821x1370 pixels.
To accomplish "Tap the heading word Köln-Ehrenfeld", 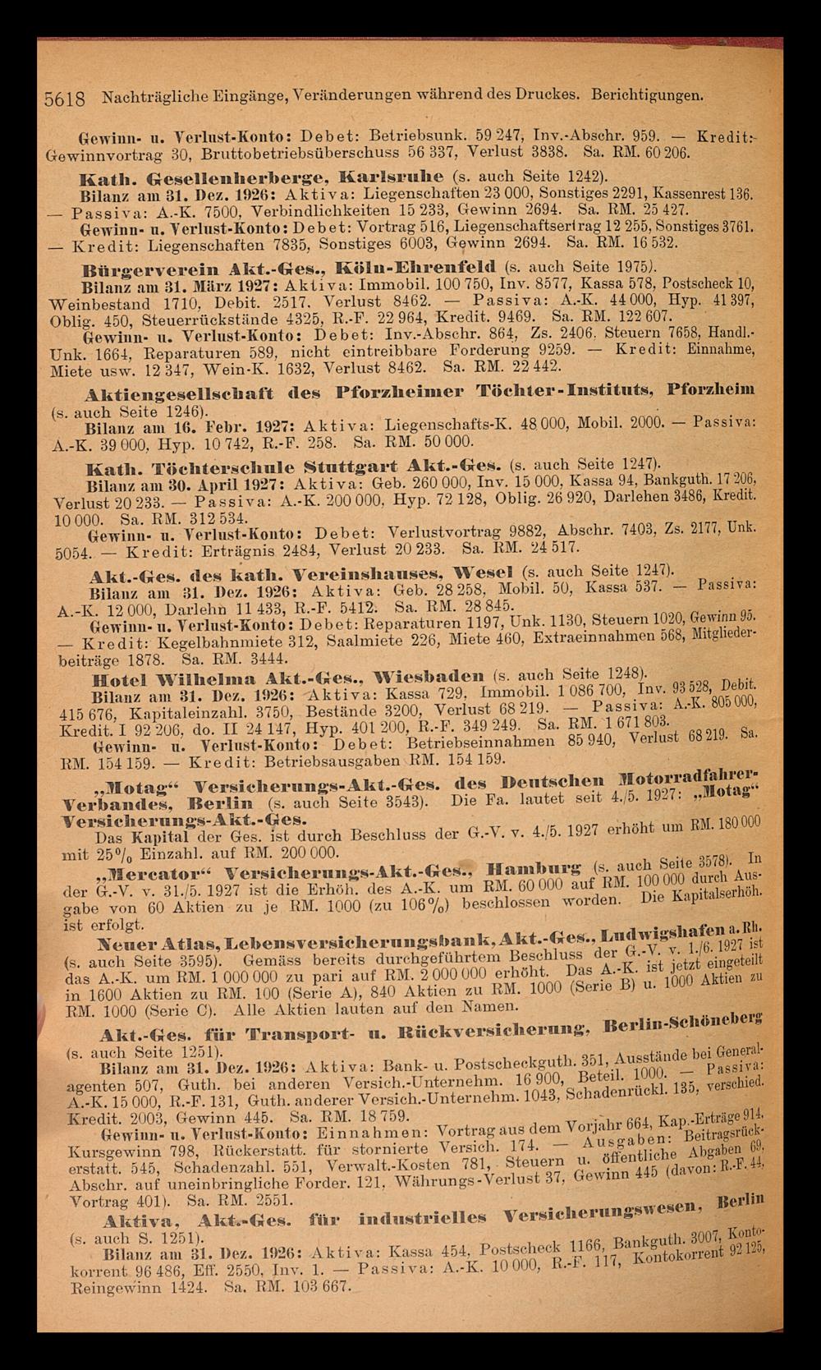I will click(437, 267).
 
